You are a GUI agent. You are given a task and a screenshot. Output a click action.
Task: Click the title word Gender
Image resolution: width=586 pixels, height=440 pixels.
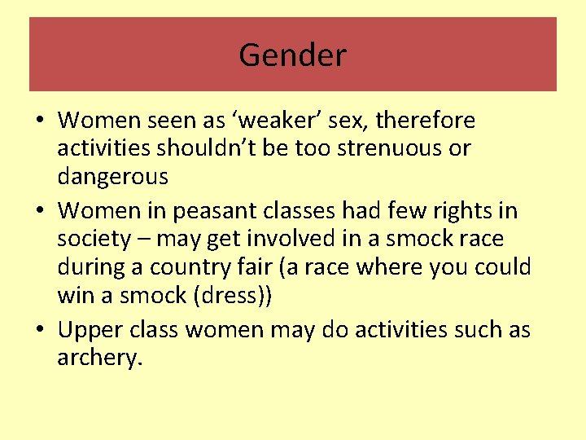(x=292, y=55)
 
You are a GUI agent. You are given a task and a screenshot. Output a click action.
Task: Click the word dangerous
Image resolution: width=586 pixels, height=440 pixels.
(x=112, y=176)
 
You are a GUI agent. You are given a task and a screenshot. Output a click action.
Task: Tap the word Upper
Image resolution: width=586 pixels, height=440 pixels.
(x=90, y=330)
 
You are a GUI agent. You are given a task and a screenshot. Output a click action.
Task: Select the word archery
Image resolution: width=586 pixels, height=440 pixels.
(x=100, y=359)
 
